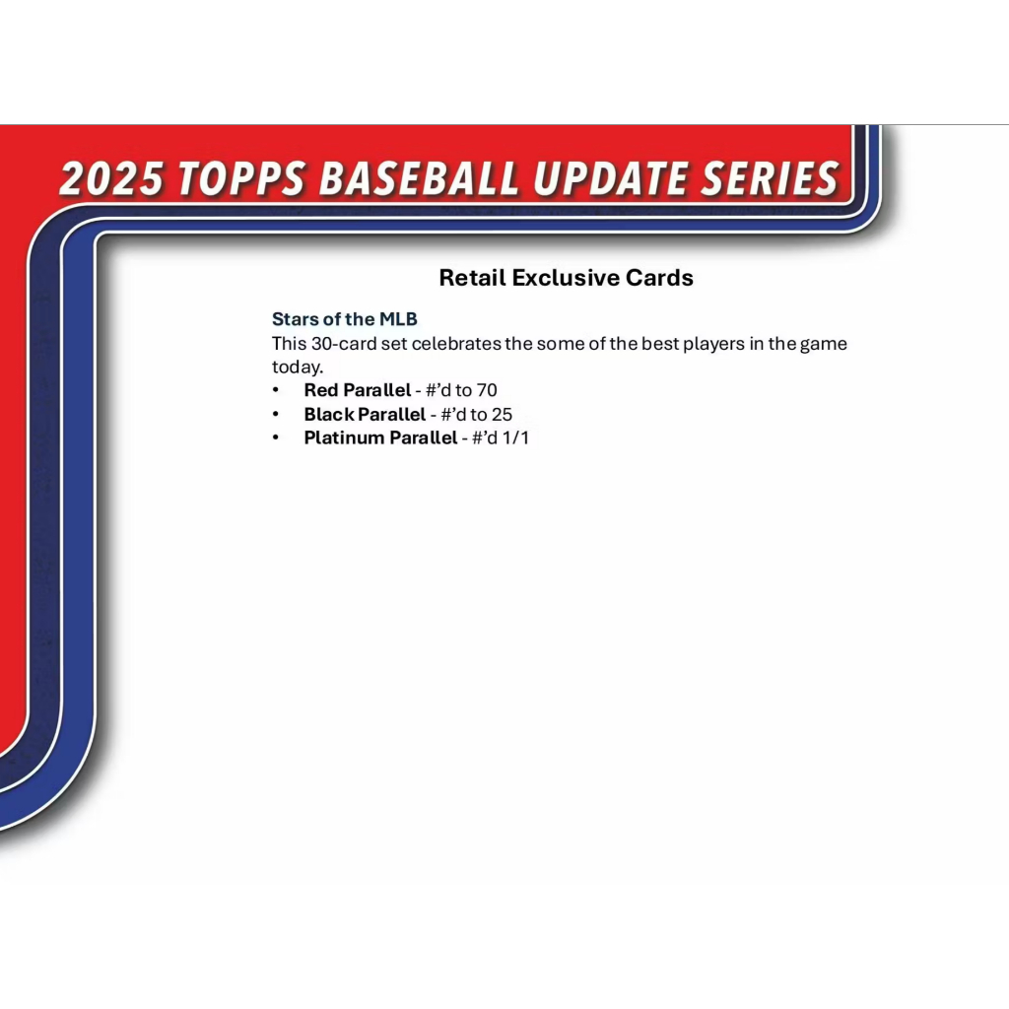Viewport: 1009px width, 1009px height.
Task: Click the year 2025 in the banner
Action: (110, 178)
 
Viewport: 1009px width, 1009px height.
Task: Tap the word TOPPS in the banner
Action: (241, 178)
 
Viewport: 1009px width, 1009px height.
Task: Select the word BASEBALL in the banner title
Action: (419, 178)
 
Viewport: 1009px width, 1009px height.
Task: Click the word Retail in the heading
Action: (472, 277)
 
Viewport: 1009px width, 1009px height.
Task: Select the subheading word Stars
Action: (296, 318)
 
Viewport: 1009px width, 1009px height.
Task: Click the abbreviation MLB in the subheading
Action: (398, 318)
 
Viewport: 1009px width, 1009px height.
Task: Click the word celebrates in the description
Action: (456, 344)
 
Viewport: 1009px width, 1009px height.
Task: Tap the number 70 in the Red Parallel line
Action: (487, 390)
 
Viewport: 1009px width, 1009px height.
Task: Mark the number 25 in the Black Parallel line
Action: (502, 414)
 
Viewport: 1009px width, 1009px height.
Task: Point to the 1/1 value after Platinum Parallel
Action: (515, 437)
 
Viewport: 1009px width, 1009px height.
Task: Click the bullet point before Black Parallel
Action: (276, 414)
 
